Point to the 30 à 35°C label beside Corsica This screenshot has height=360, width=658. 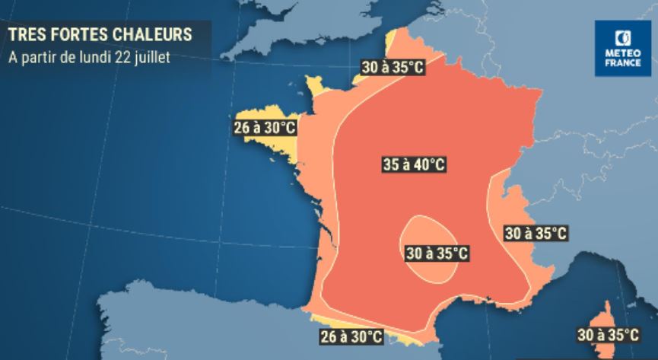609,333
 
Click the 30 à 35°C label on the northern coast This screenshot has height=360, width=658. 393,68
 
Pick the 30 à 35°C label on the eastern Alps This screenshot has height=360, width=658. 536,233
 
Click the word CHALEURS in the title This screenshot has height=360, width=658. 156,33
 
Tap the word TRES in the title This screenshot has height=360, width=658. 27,33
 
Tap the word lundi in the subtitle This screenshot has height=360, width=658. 94,57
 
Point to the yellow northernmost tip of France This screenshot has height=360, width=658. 396,42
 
